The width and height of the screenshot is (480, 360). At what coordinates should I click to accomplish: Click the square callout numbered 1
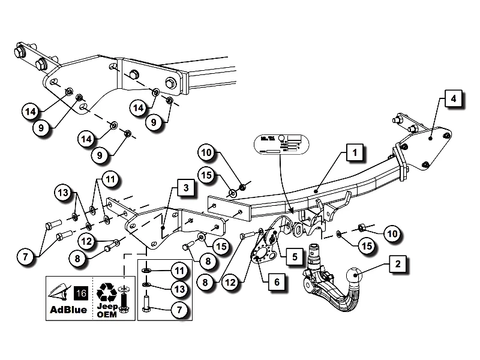pyautogui.click(x=355, y=153)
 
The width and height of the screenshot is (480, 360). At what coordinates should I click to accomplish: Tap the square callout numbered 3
pyautogui.click(x=186, y=188)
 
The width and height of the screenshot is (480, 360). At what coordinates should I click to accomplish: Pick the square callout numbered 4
pyautogui.click(x=454, y=99)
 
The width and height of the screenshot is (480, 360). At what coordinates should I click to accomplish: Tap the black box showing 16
pyautogui.click(x=80, y=294)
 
